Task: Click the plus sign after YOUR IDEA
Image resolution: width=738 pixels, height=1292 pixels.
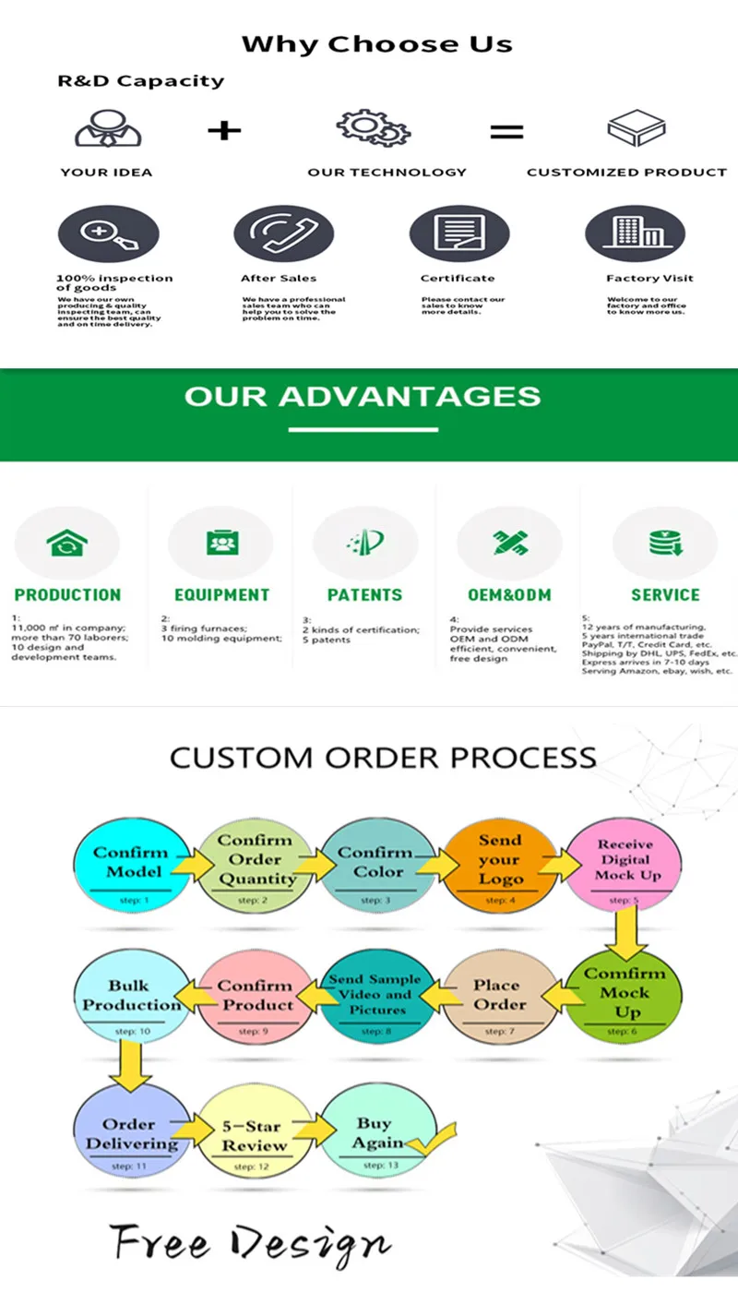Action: click(x=223, y=130)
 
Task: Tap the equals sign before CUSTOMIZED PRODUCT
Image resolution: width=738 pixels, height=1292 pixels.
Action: click(x=506, y=131)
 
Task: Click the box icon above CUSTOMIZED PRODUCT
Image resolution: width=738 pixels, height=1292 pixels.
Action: click(x=636, y=128)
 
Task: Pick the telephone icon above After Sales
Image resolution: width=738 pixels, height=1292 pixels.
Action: click(x=282, y=233)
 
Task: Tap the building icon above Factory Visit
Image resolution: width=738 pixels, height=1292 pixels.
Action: click(x=635, y=233)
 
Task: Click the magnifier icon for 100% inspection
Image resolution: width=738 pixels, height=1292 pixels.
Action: click(x=107, y=233)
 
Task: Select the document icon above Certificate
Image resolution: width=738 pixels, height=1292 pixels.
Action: click(x=458, y=233)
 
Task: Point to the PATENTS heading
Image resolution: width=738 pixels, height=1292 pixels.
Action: click(x=364, y=595)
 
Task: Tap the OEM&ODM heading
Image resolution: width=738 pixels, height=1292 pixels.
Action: click(x=508, y=595)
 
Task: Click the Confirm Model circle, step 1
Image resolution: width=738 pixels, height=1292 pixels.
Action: click(x=130, y=863)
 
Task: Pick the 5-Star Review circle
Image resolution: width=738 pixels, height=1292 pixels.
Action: click(x=254, y=1133)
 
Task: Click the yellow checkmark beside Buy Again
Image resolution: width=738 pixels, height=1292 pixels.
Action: click(x=432, y=1141)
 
